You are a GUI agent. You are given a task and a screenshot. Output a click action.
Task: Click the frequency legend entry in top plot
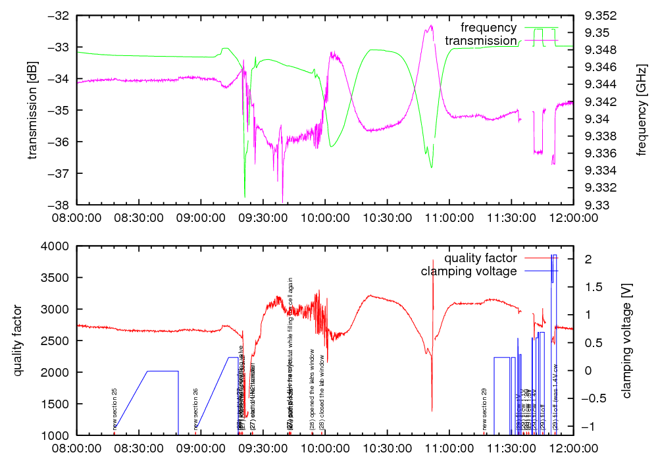(488, 28)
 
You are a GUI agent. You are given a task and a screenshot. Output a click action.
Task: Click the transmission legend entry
(480, 41)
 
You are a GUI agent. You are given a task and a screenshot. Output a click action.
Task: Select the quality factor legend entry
(480, 258)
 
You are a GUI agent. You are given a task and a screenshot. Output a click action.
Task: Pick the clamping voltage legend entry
(468, 271)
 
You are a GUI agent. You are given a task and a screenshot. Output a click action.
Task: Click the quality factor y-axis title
(18, 340)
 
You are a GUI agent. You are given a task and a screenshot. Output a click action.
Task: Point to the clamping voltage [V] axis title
(626, 340)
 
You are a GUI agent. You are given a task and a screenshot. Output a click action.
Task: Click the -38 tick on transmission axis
(63, 205)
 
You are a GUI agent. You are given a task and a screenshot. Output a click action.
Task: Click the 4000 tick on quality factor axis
(59, 246)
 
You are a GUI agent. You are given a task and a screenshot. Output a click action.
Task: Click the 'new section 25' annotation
(114, 408)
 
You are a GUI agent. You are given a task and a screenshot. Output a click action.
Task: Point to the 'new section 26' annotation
(195, 408)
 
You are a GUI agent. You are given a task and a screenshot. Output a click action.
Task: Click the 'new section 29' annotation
(484, 408)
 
